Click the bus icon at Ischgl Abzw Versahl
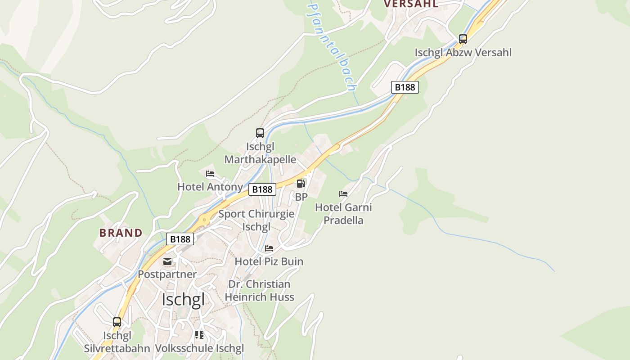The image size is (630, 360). click(x=463, y=39)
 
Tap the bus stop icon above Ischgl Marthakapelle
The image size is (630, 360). click(x=260, y=133)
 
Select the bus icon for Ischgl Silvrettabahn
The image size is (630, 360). click(x=117, y=322)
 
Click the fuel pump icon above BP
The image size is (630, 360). click(x=301, y=184)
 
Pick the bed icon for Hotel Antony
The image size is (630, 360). click(x=210, y=174)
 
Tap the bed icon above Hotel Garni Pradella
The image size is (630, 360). click(x=343, y=194)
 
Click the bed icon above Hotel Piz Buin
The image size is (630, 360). click(x=269, y=248)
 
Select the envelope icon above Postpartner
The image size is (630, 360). click(x=167, y=261)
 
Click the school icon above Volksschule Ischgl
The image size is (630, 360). click(x=199, y=335)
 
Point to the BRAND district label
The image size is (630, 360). click(x=121, y=233)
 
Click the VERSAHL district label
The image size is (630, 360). click(x=411, y=4)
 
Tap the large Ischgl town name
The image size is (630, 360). click(x=183, y=299)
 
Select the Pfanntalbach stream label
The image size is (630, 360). click(x=333, y=47)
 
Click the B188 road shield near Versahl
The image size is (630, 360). click(x=405, y=87)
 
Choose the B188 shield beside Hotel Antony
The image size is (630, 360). click(x=262, y=189)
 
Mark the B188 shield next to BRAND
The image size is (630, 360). click(x=180, y=239)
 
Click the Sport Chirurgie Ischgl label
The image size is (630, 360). click(x=256, y=220)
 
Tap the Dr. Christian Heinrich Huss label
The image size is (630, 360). click(x=260, y=291)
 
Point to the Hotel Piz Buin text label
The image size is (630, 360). click(x=269, y=261)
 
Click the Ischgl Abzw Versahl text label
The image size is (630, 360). click(x=463, y=52)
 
